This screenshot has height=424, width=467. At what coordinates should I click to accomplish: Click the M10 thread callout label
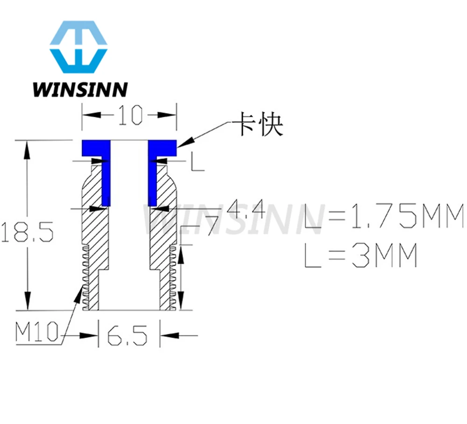tap(36, 333)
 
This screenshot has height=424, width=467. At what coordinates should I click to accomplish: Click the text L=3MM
tap(360, 257)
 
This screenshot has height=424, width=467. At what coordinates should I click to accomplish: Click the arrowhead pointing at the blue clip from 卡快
tap(183, 144)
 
